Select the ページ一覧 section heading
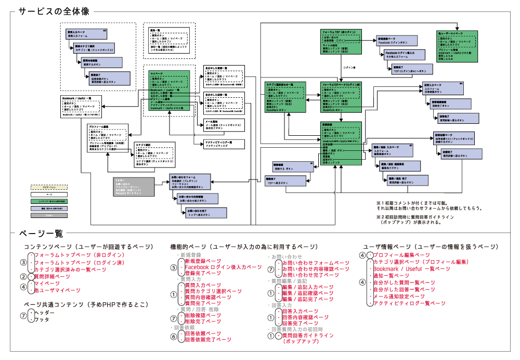[41, 234]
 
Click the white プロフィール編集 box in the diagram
[107, 139]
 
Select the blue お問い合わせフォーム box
[190, 182]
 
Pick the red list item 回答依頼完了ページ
[208, 339]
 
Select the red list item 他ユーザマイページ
[57, 290]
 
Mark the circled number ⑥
[174, 336]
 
